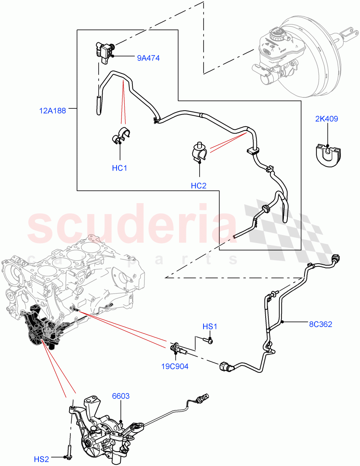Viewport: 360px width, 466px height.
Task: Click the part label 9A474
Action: coord(148,58)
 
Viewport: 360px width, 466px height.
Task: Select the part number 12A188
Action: coord(52,110)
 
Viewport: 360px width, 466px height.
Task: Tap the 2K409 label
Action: coord(326,119)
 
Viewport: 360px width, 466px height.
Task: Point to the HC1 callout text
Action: coord(120,168)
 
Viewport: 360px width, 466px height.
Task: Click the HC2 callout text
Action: coord(198,186)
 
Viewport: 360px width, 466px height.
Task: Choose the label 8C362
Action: coord(320,324)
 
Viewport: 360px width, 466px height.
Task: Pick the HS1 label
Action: coord(210,327)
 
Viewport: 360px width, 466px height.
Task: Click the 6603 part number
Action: coord(121,396)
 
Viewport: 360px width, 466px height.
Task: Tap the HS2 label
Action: coord(42,459)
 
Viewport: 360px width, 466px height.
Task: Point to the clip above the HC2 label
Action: coord(200,152)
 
